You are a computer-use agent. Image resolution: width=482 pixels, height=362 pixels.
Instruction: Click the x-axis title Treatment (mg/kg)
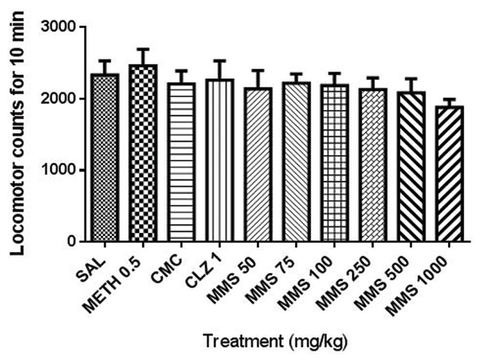coord(279,340)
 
